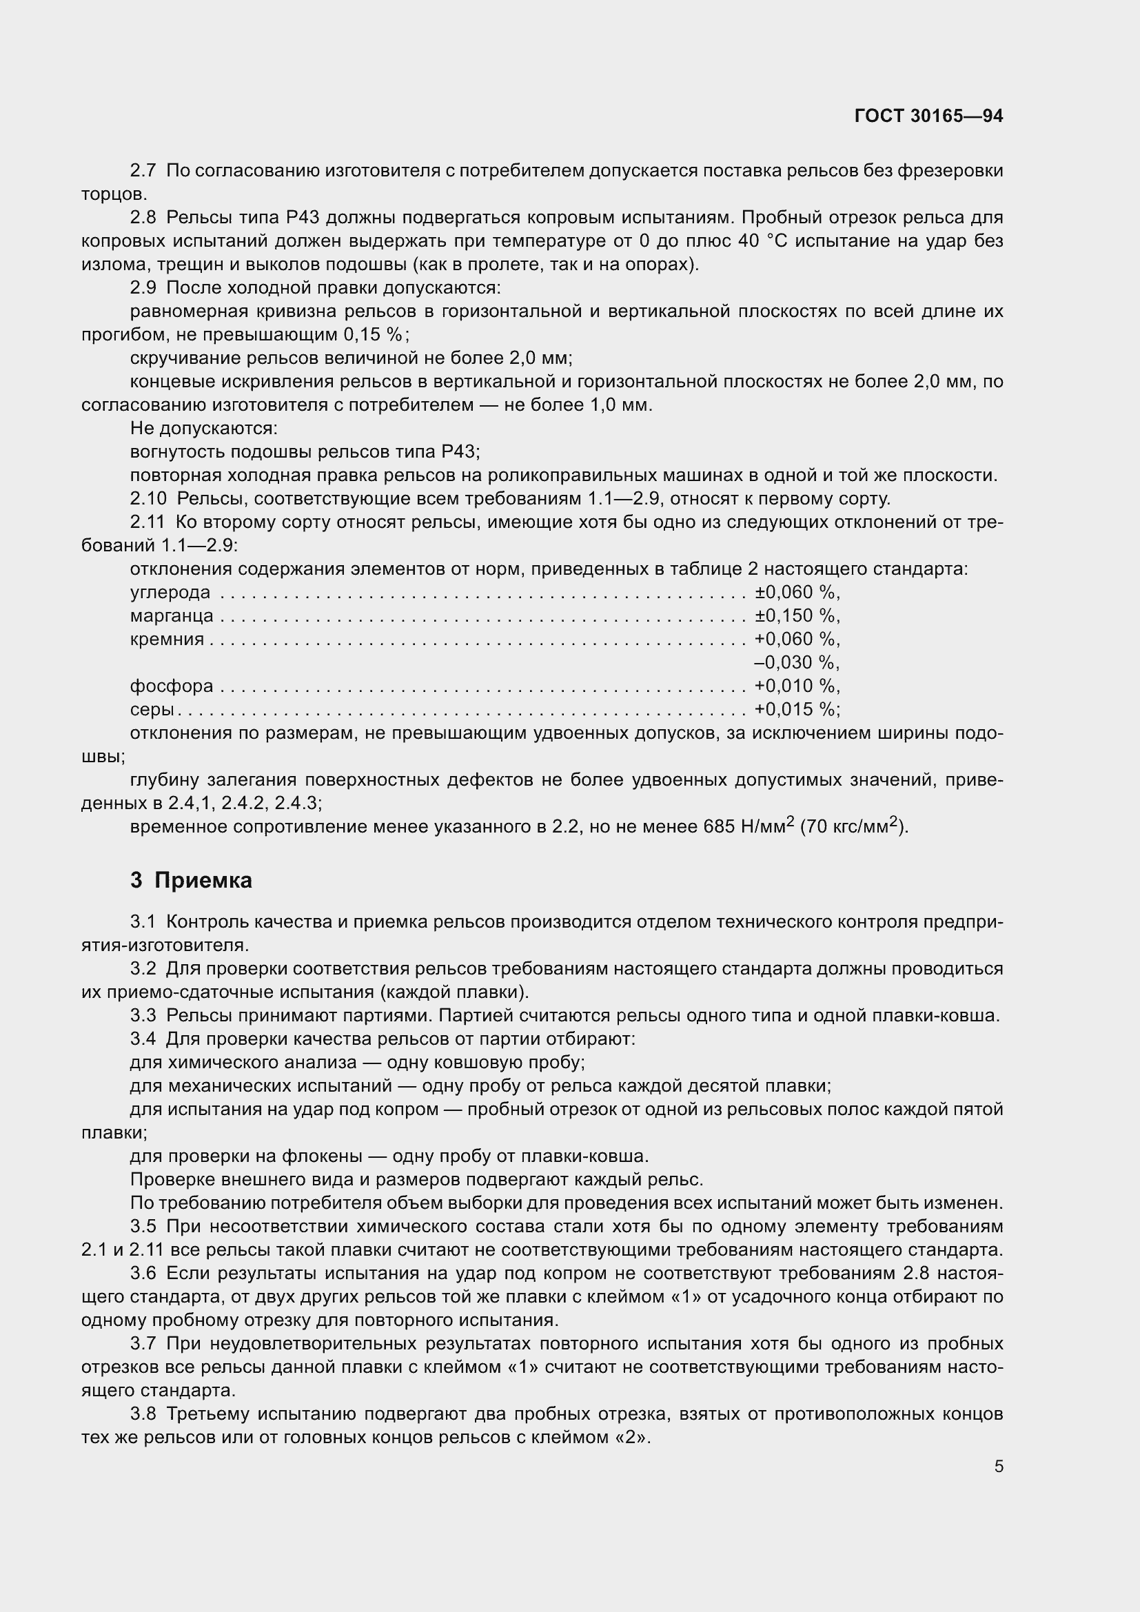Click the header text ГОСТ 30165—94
(x=928, y=116)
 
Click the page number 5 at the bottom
(x=998, y=1466)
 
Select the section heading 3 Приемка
(x=191, y=879)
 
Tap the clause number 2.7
(x=143, y=171)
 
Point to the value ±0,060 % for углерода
(x=796, y=593)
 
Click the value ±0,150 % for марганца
(x=796, y=615)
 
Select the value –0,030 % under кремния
(x=796, y=663)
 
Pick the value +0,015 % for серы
(x=796, y=709)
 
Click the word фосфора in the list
(x=172, y=686)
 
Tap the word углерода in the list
(x=170, y=593)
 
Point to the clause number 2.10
(x=148, y=498)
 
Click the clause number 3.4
(x=143, y=1039)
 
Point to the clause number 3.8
(x=143, y=1414)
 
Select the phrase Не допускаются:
(x=203, y=428)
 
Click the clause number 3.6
(x=143, y=1273)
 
